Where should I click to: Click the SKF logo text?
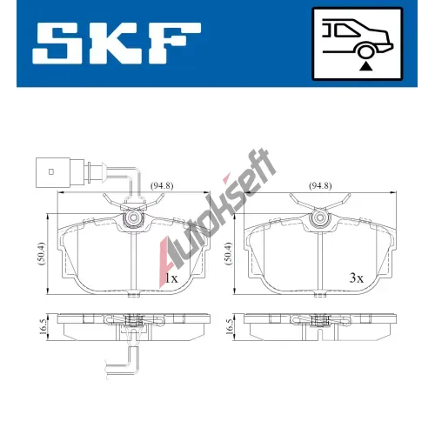(x=117, y=43)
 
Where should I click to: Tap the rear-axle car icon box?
(x=358, y=43)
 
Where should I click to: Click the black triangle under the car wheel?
(x=366, y=66)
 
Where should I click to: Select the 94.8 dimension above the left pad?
(x=162, y=185)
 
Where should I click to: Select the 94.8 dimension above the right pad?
(x=320, y=185)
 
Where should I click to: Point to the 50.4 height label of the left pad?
(x=42, y=253)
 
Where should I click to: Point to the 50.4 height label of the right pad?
(x=229, y=253)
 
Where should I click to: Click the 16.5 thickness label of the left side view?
(x=43, y=326)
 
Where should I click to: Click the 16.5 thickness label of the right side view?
(x=231, y=326)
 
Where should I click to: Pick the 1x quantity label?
(x=171, y=278)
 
